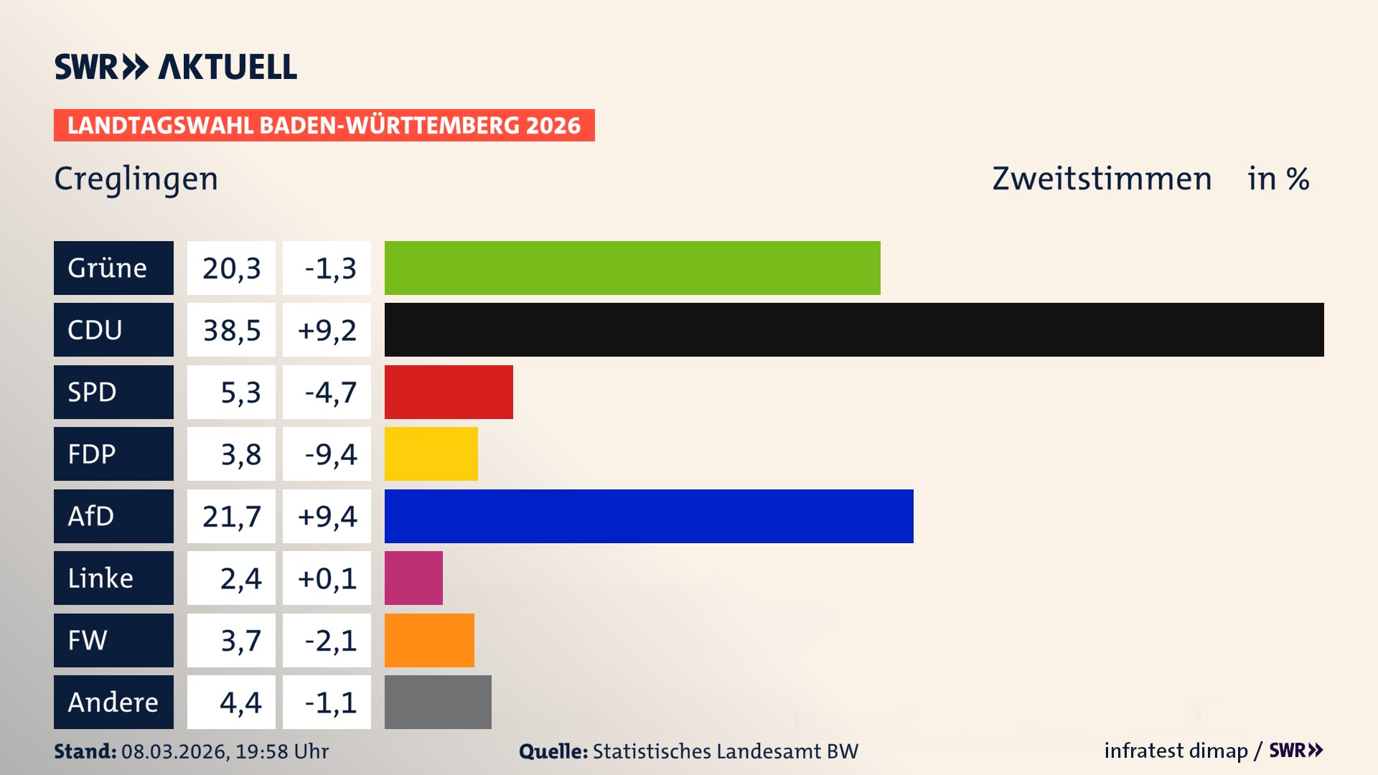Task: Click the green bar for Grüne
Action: click(632, 268)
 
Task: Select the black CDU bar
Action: click(854, 329)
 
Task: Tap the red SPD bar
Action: click(449, 392)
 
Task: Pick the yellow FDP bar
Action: click(431, 454)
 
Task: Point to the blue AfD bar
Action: click(649, 516)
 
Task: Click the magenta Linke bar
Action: click(413, 578)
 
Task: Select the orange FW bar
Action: click(429, 640)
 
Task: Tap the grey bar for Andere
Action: click(438, 702)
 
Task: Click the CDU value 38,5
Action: click(231, 330)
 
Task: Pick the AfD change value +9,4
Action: click(327, 517)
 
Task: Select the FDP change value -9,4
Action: click(329, 454)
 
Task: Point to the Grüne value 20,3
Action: click(231, 268)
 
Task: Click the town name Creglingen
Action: click(136, 179)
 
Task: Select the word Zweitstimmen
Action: click(1101, 179)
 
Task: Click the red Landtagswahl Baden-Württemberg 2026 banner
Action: click(324, 125)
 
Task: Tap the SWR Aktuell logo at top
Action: click(176, 67)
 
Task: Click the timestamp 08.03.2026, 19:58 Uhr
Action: click(225, 751)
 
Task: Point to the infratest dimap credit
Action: click(1175, 751)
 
